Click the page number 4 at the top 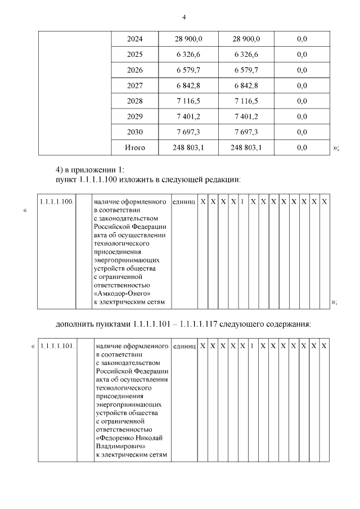pyautogui.click(x=183, y=16)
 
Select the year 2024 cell pyautogui.click(x=135, y=39)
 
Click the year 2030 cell pyautogui.click(x=135, y=132)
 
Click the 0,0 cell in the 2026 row pyautogui.click(x=301, y=70)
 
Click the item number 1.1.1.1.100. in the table pyautogui.click(x=56, y=201)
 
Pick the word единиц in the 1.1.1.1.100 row pyautogui.click(x=184, y=201)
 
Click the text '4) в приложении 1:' pyautogui.click(x=93, y=170)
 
